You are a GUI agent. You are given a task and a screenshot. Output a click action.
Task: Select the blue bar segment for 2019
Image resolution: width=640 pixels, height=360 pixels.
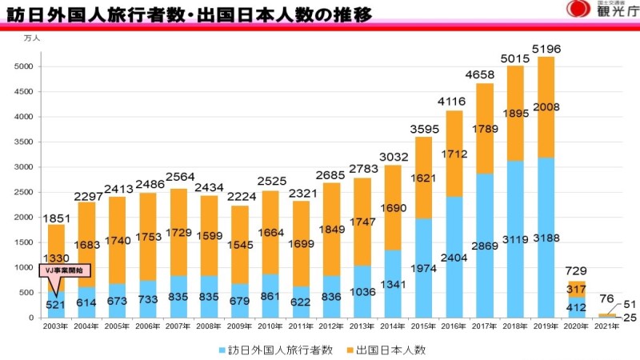(546, 240)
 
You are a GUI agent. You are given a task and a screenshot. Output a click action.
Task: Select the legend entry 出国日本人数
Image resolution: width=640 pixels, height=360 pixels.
(401, 350)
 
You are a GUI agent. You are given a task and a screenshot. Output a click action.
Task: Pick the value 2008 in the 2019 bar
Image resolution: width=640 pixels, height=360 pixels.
(546, 106)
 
